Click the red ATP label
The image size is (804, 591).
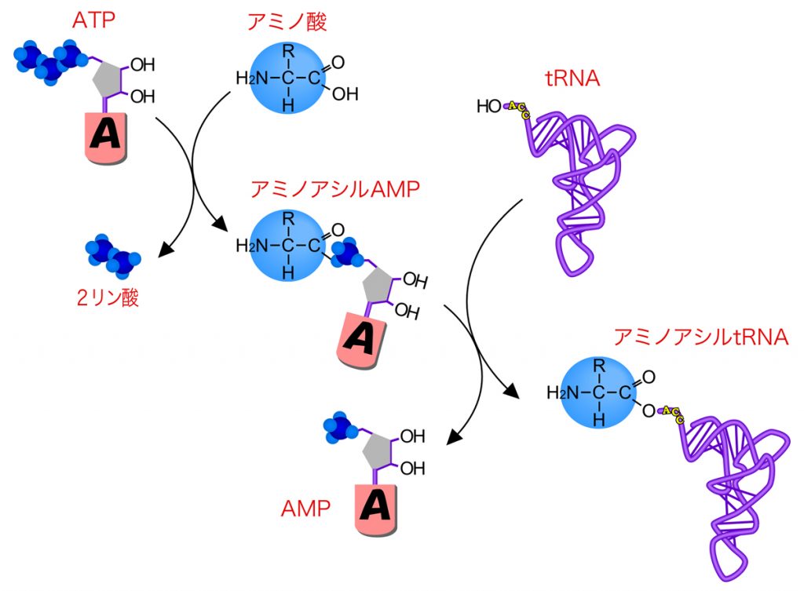94,20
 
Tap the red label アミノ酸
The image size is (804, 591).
287,21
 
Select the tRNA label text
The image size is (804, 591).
572,78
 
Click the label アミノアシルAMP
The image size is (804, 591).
335,189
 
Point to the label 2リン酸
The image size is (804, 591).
108,297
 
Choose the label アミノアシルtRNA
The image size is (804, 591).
701,337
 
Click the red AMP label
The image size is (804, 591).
305,509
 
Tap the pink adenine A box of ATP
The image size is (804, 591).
106,137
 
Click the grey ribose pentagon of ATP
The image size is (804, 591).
108,79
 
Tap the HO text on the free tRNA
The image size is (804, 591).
488,106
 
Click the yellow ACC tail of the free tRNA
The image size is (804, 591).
518,110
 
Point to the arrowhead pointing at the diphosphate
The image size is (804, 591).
166,249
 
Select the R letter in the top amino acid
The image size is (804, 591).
289,52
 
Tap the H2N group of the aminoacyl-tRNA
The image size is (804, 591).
562,392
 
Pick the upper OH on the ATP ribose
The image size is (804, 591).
143,65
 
